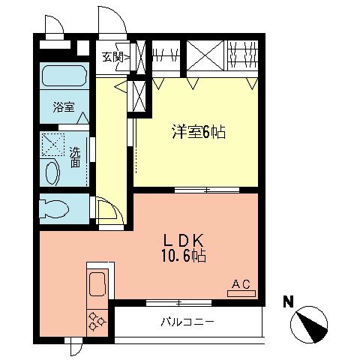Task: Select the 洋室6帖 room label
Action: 196,133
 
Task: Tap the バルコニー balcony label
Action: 187,324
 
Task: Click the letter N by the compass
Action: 287,302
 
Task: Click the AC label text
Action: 240,283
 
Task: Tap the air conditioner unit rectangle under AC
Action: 240,293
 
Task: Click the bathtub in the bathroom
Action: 64,76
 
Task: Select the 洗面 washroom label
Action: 75,157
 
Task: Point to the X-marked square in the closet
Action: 203,55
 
